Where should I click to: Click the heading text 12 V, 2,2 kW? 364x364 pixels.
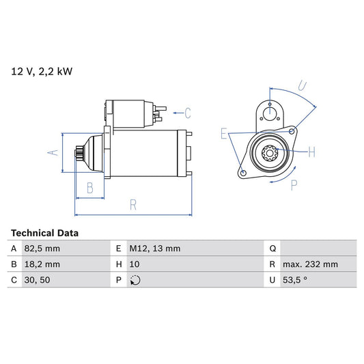41,70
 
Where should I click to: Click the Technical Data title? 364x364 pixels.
44,233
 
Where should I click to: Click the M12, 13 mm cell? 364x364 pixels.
155,249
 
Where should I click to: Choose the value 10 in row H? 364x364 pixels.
135,264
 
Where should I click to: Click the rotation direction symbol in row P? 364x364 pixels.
135,280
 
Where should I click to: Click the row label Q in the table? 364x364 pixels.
272,249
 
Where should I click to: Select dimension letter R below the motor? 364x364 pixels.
133,205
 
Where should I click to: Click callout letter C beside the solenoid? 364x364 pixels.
187,113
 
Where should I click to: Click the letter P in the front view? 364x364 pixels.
294,185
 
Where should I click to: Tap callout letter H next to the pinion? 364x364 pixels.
311,151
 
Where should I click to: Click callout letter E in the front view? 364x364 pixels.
223,135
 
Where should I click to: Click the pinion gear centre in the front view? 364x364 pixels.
270,154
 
